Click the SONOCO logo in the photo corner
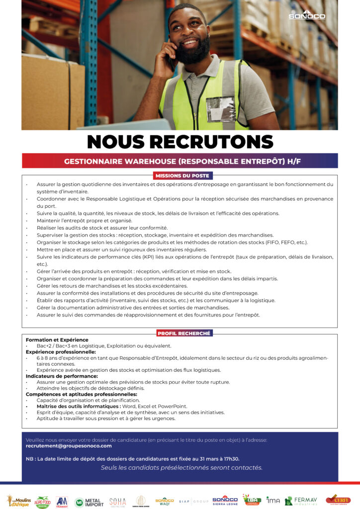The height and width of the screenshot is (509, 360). click(x=307, y=15)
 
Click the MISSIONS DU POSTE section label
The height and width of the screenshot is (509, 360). click(x=182, y=175)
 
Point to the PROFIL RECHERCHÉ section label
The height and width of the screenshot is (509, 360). click(x=184, y=334)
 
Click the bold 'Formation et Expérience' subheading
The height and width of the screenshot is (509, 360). click(x=57, y=340)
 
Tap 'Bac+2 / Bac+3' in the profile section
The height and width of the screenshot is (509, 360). click(x=54, y=346)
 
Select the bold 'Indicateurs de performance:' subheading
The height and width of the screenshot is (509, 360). click(x=62, y=376)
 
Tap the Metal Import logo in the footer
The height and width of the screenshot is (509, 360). click(x=89, y=503)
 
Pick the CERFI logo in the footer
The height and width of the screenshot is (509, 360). click(x=338, y=500)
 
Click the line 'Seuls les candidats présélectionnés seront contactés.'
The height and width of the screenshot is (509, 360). click(x=181, y=468)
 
